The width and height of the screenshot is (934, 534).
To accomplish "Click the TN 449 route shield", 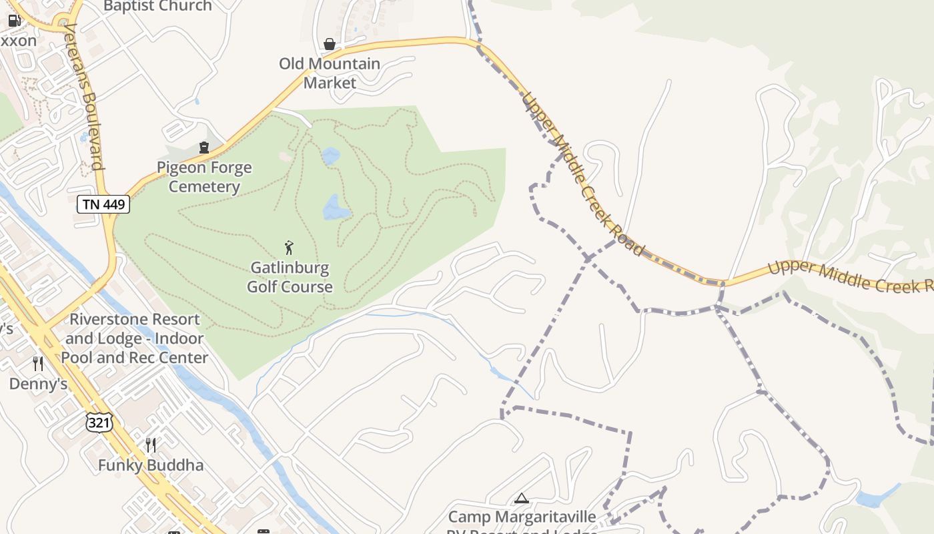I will tap(103, 204).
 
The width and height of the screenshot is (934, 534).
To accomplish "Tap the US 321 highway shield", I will tap(99, 422).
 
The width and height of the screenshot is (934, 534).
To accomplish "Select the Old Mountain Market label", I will tap(330, 73).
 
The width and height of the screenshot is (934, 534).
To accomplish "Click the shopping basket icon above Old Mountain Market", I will tap(330, 44).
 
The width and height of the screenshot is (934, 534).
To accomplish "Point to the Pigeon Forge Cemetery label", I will tap(204, 177).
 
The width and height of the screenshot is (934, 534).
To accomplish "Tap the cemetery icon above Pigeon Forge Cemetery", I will tap(204, 148).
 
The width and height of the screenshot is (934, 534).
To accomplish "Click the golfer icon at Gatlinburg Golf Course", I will tap(289, 248).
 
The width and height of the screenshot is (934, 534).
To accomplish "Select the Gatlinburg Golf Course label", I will tap(290, 277).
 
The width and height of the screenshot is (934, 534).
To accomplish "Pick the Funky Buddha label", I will tap(151, 465).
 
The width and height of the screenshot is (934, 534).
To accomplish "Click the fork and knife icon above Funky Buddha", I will tap(151, 445).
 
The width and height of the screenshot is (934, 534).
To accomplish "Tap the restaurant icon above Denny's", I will tap(38, 363).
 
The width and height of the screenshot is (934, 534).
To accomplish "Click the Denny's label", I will tap(38, 384).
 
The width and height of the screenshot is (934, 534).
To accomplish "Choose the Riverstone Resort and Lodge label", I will tap(135, 338).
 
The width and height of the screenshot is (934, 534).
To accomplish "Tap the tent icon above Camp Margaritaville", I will tap(522, 498).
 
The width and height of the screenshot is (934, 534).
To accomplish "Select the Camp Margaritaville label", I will tap(522, 517).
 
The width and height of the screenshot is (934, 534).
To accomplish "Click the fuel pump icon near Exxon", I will tap(14, 21).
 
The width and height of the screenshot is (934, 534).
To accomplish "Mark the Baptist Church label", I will tap(157, 7).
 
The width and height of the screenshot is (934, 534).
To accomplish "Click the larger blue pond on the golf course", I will tap(336, 209).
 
